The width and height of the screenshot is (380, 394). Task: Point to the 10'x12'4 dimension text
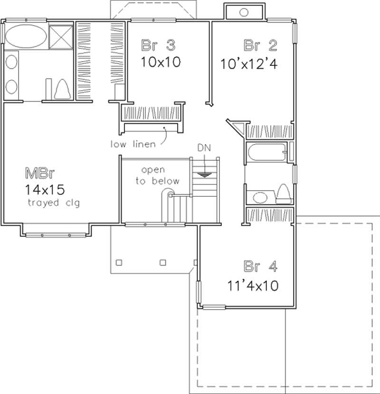tap(248, 63)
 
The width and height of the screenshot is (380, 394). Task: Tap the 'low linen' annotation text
tap(133, 144)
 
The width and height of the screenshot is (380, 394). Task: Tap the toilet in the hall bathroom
tap(283, 193)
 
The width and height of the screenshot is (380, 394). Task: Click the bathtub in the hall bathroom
tap(266, 153)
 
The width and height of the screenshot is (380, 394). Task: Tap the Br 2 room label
tap(260, 46)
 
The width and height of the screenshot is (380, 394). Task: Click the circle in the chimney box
tap(244, 12)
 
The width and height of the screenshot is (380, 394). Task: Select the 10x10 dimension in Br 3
tap(161, 62)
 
